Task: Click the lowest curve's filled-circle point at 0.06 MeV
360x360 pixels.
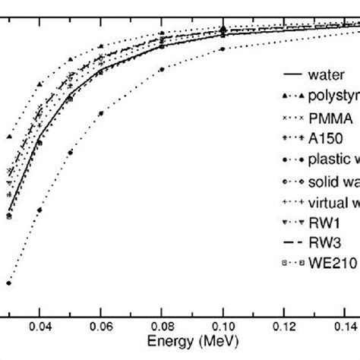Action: (x=100, y=113)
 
